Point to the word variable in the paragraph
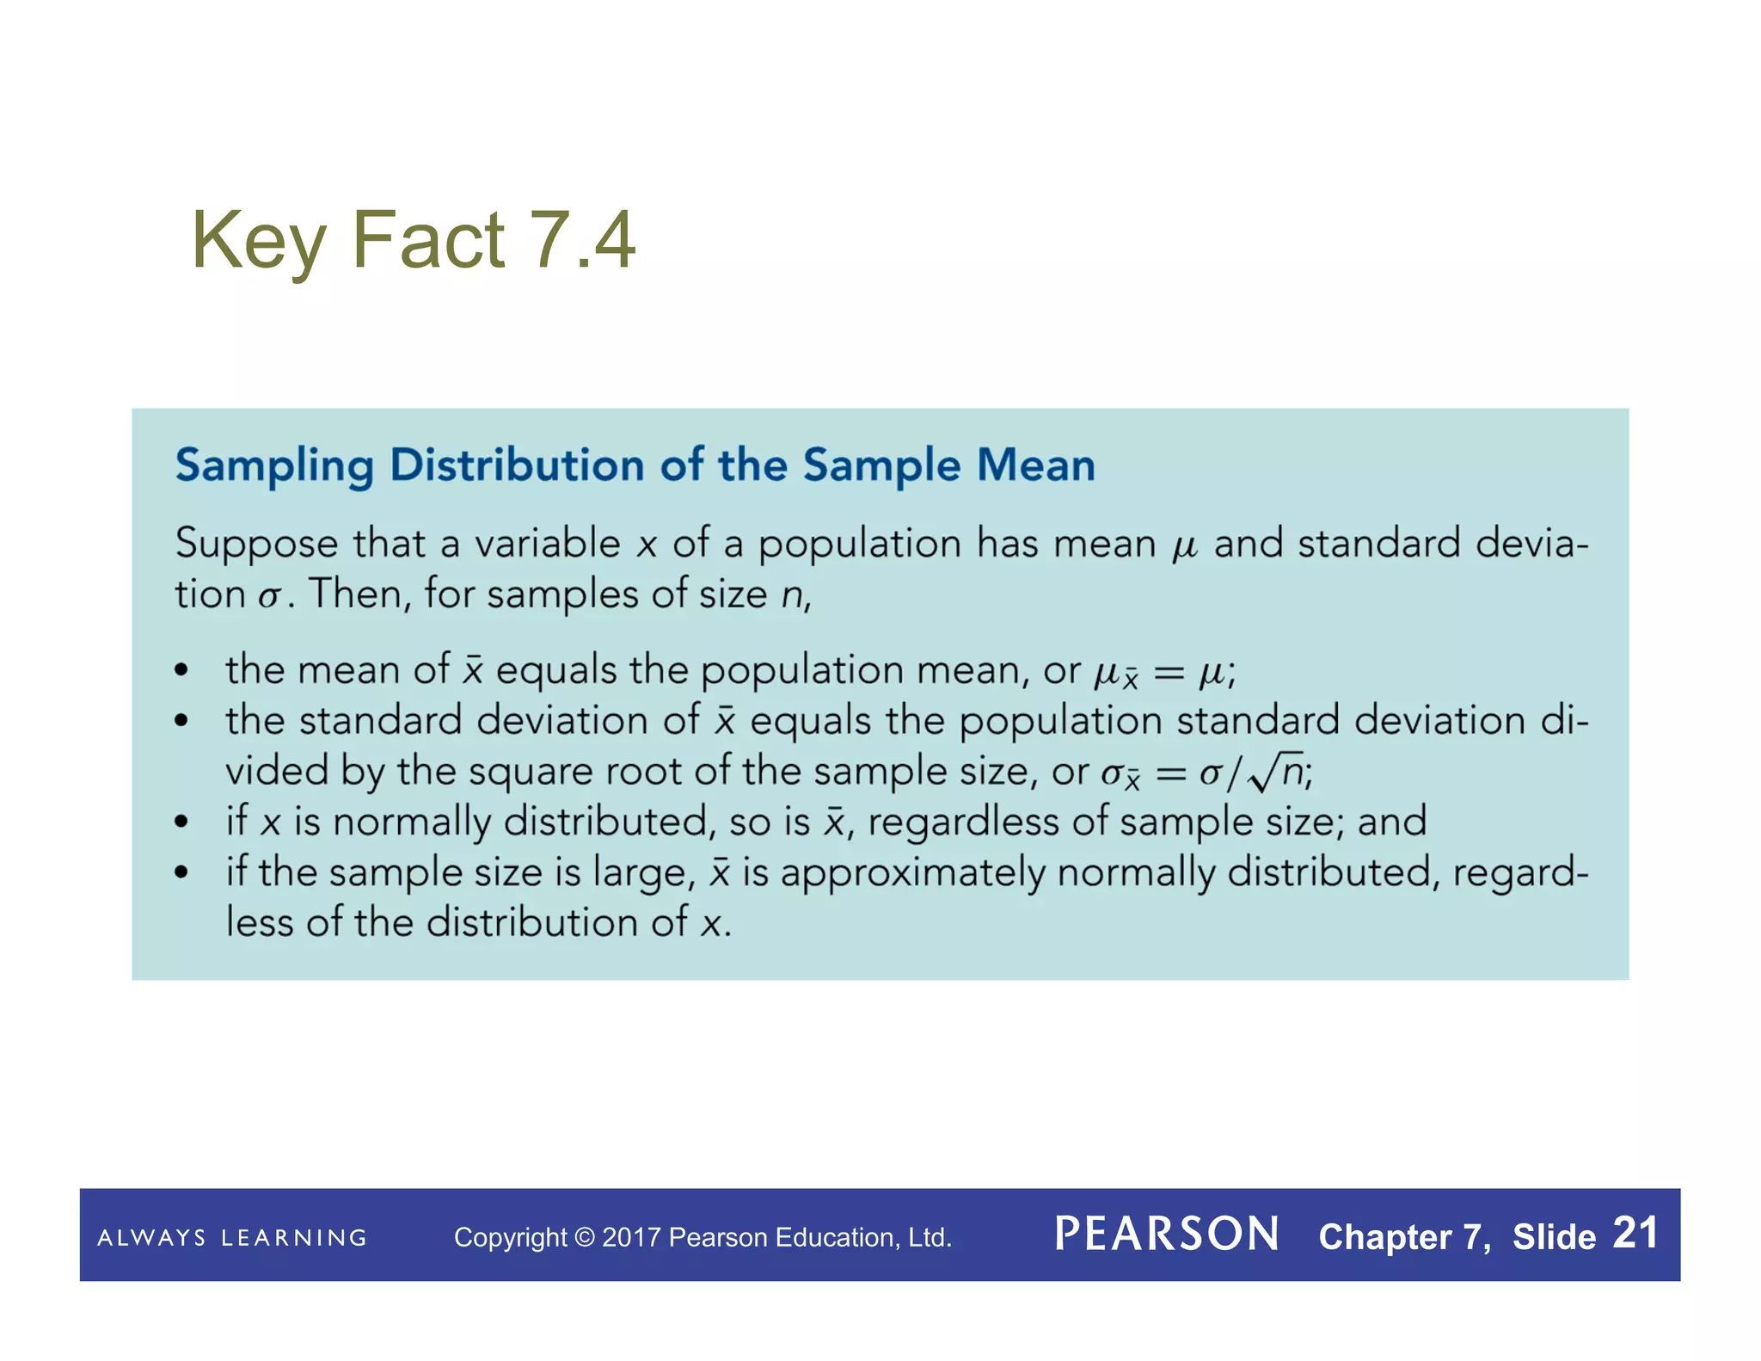coord(547,544)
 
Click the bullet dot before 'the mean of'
coord(181,670)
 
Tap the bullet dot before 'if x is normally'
coord(181,822)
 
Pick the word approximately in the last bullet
coord(912,873)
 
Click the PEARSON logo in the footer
coord(1166,1235)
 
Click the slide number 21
coord(1635,1233)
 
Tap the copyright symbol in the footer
coord(585,1237)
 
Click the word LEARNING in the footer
coord(294,1238)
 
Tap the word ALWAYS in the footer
coord(151,1238)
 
